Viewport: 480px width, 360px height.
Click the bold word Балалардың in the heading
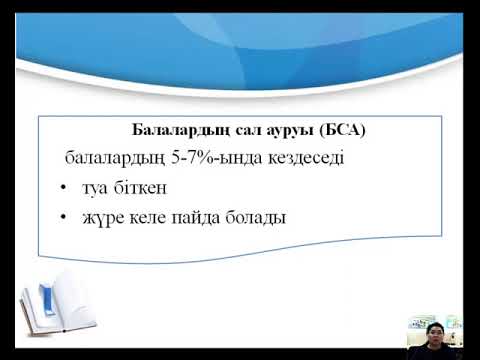pyautogui.click(x=174, y=131)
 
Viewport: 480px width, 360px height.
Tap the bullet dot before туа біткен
pyautogui.click(x=63, y=187)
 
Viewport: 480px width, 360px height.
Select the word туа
pyautogui.click(x=98, y=187)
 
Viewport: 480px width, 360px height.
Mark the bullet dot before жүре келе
pyautogui.click(x=63, y=215)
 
